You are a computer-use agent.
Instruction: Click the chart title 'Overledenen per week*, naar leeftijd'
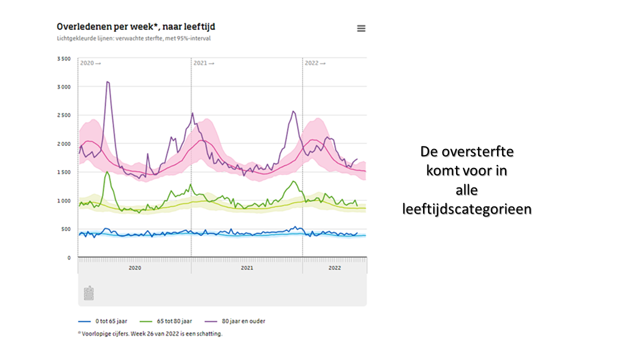(x=136, y=26)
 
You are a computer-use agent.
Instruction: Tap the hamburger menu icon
(x=361, y=28)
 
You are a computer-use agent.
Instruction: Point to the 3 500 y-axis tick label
(x=64, y=58)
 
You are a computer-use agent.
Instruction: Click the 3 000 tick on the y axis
(x=64, y=87)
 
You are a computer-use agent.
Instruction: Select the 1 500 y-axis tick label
(x=64, y=172)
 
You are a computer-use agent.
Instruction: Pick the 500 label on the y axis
(x=66, y=229)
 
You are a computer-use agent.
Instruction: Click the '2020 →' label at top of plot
(x=90, y=63)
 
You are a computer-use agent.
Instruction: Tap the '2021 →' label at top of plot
(x=203, y=63)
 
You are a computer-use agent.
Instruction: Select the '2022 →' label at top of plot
(x=315, y=63)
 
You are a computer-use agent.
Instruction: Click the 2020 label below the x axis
(x=134, y=268)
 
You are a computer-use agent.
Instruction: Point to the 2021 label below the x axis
(x=247, y=268)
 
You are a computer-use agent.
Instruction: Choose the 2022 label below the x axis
(x=334, y=268)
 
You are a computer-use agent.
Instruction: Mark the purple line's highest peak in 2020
(x=107, y=81)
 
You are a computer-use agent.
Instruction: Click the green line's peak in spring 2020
(x=107, y=172)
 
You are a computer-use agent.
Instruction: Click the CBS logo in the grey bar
(x=88, y=293)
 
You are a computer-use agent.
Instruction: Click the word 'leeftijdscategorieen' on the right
(x=466, y=209)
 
